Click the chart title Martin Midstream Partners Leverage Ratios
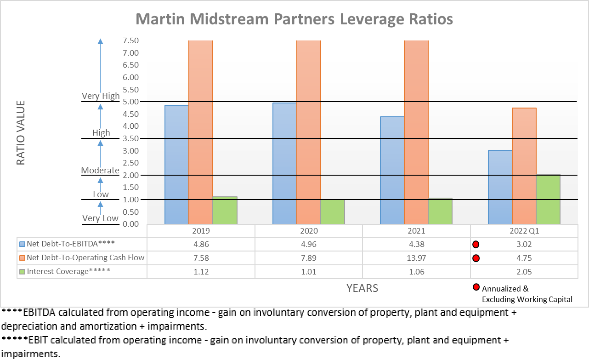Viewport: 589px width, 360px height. tap(294, 19)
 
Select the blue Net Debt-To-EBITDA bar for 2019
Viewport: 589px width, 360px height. tap(176, 165)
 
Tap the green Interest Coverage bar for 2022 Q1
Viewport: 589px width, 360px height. tap(548, 199)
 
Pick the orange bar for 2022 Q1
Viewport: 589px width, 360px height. tap(524, 166)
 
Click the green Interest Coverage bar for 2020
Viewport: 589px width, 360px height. tap(333, 211)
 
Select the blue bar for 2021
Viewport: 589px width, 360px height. tap(392, 170)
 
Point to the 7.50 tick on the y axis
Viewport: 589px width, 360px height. tap(130, 40)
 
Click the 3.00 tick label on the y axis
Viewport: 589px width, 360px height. tap(130, 151)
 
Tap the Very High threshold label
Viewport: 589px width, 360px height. tap(101, 96)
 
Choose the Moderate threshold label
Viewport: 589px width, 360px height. tap(100, 170)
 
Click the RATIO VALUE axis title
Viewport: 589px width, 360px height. tap(21, 132)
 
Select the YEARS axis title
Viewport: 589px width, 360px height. tap(362, 288)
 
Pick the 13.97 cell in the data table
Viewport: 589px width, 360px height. tap(416, 258)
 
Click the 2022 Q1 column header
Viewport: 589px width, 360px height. tap(524, 231)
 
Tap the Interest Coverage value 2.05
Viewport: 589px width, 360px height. tap(524, 272)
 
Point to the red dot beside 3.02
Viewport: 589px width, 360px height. tap(476, 244)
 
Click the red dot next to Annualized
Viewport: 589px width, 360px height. tap(476, 288)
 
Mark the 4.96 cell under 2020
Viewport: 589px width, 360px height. tap(309, 244)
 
